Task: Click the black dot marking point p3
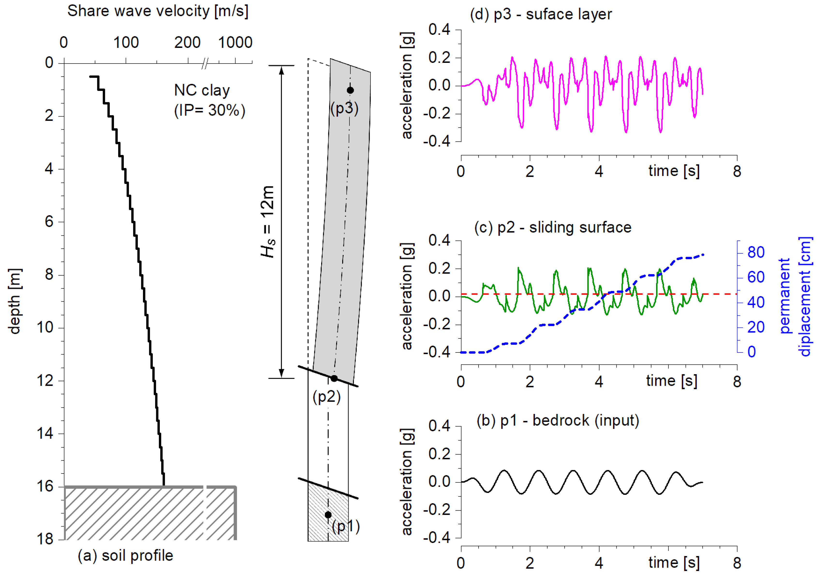click(350, 90)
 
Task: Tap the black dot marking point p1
click(328, 515)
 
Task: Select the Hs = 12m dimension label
click(268, 221)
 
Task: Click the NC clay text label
click(202, 90)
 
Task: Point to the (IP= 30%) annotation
click(210, 110)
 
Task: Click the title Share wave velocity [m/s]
click(158, 11)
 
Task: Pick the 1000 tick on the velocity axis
click(235, 43)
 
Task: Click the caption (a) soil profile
click(125, 555)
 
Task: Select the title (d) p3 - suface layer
click(541, 14)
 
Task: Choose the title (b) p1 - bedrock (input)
click(557, 420)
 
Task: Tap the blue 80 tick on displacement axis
click(756, 252)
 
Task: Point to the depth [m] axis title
click(15, 301)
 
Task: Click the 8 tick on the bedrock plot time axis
click(737, 563)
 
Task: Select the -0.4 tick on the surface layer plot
click(437, 141)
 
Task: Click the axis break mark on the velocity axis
click(205, 64)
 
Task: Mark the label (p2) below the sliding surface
click(326, 397)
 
